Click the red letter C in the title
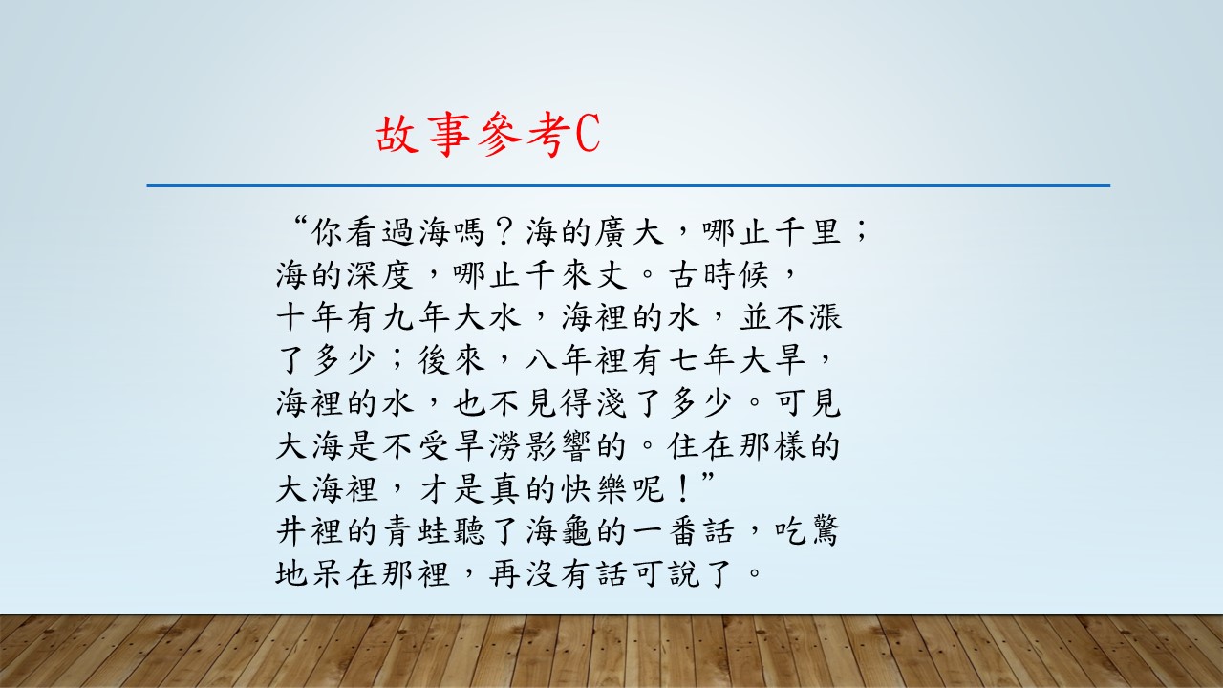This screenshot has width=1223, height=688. click(x=588, y=134)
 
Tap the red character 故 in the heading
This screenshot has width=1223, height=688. click(x=397, y=135)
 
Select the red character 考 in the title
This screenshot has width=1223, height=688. click(x=549, y=135)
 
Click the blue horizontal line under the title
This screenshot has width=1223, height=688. click(x=629, y=185)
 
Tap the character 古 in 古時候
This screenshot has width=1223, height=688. click(x=685, y=274)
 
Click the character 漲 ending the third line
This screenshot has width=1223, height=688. click(x=826, y=316)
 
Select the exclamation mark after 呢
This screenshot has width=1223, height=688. click(x=682, y=488)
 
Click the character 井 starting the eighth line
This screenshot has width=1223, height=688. click(x=292, y=530)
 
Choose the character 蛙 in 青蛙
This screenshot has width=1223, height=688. click(x=435, y=530)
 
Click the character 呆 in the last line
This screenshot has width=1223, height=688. click(x=328, y=573)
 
